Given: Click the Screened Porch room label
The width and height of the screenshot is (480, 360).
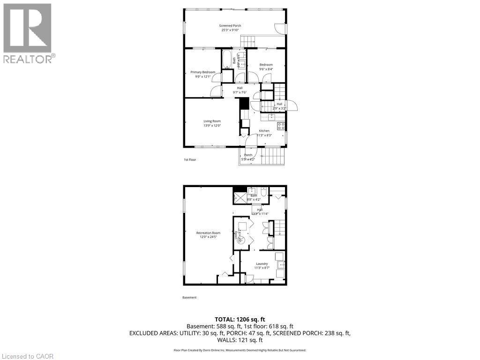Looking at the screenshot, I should pos(231,25).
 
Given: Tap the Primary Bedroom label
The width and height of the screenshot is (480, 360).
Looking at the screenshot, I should pos(203,72).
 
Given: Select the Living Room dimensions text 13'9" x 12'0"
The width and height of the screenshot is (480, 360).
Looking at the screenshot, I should pos(212,125).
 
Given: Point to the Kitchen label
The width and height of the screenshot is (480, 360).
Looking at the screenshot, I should pos(264,131).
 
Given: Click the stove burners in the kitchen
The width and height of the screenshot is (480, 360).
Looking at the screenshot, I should pos(281,126).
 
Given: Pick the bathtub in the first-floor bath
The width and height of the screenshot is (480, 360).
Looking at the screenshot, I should pos(226,60).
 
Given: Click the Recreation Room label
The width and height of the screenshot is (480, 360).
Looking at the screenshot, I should pos(209,232).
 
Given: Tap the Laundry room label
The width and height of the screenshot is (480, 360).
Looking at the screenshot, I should pos(262,263).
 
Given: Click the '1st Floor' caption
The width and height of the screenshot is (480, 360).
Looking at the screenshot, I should pos(190,160).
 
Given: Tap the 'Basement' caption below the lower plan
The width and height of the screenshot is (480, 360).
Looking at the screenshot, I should pos(189,298).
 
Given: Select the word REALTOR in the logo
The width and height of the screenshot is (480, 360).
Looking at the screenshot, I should pos(27,59).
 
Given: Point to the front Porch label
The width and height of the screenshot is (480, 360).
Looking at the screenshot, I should pos(248,155).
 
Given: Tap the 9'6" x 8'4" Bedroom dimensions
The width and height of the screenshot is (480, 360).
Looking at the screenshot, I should pos(266,69).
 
